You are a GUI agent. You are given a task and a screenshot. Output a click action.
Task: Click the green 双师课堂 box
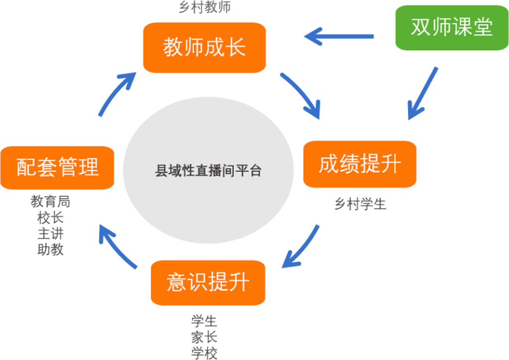(452, 28)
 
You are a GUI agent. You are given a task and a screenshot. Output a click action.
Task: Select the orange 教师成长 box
(204, 48)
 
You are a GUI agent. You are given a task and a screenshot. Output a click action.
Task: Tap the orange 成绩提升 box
(360, 164)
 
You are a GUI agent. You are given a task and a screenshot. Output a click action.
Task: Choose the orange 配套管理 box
(57, 168)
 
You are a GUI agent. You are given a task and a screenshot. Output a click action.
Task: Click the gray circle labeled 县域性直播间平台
(208, 170)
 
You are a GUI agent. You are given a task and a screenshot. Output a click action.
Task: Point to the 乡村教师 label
(204, 7)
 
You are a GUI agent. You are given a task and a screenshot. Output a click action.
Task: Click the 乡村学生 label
(360, 204)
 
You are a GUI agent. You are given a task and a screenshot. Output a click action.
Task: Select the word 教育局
(51, 201)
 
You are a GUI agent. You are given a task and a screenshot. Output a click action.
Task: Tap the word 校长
(51, 217)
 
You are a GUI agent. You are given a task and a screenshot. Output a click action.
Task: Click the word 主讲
(51, 233)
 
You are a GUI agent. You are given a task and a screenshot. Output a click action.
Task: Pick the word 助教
(51, 249)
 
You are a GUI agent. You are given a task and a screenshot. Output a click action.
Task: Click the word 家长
(204, 337)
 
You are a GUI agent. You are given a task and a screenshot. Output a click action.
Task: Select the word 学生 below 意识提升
(204, 321)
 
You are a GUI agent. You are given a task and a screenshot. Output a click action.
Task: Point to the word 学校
(204, 353)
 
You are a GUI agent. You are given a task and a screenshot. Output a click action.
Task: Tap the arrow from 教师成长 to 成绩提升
(301, 95)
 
